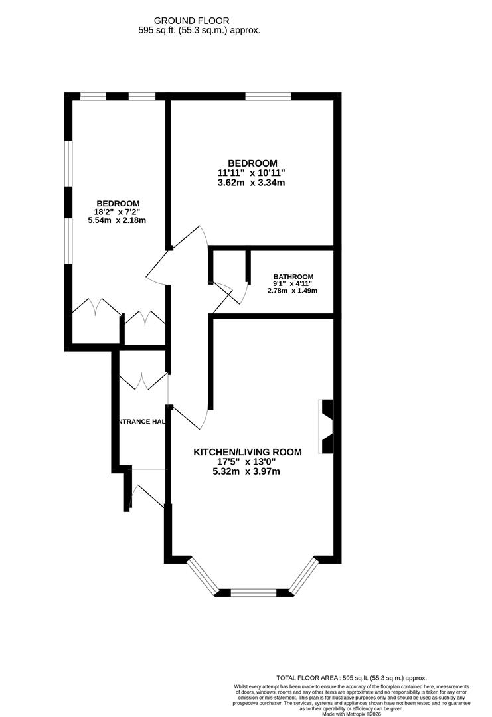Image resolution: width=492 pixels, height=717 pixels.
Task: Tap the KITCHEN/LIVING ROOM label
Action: (247, 452)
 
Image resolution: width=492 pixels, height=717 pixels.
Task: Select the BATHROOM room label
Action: (293, 277)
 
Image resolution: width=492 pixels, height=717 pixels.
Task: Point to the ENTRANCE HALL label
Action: (141, 422)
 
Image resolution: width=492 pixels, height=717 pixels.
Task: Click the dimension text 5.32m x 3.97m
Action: (246, 472)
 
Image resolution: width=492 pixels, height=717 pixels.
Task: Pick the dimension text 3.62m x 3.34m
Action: (252, 183)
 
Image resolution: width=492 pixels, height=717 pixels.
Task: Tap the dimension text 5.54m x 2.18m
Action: (117, 220)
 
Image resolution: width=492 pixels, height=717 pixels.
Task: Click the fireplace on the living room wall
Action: (327, 427)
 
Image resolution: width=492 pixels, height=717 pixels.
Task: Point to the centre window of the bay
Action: (254, 592)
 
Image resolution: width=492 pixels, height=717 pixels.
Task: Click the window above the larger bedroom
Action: (268, 96)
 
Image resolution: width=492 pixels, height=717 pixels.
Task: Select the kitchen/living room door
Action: (193, 418)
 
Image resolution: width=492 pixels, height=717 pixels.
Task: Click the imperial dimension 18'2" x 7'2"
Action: (117, 212)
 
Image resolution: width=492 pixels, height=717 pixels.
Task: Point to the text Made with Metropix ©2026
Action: (352, 714)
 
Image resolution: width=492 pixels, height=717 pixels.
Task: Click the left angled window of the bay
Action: (203, 575)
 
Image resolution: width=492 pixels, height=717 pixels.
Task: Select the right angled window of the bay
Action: (305, 575)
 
